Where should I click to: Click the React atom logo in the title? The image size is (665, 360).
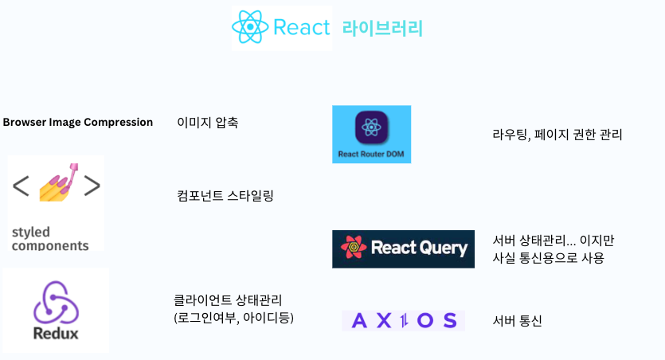[x=250, y=28]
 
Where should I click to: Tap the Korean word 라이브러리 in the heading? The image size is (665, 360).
[x=382, y=29]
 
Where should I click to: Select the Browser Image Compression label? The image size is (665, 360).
[x=78, y=122]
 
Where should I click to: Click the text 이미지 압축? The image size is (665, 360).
[x=207, y=123]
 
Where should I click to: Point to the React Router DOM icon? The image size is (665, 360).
[x=371, y=129]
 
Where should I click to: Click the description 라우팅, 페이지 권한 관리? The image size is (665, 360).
[x=557, y=135]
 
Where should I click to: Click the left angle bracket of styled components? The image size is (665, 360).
[x=22, y=186]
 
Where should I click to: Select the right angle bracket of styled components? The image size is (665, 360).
[x=92, y=186]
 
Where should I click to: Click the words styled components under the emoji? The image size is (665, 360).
[x=49, y=239]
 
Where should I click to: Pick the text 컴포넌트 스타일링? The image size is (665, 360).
[x=225, y=195]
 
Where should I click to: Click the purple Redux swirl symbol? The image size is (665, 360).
[x=55, y=302]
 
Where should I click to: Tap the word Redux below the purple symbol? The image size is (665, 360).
[x=56, y=334]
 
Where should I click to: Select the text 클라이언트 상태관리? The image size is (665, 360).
[x=228, y=300]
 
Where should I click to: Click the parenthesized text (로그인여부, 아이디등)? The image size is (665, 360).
[x=234, y=319]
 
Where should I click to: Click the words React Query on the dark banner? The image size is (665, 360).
[x=419, y=248]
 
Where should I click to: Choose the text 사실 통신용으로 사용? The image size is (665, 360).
[x=549, y=257]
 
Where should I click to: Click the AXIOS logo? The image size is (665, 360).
[x=403, y=320]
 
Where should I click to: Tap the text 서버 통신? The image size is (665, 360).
[x=518, y=321]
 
